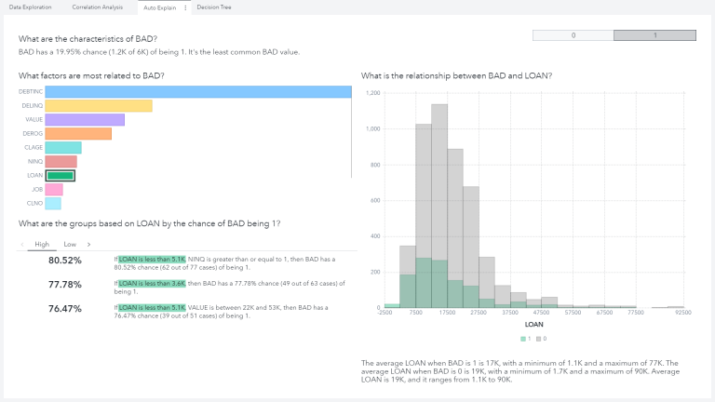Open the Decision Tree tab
(x=214, y=7)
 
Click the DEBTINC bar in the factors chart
(x=198, y=92)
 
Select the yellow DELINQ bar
(x=99, y=106)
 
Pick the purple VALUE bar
(x=85, y=120)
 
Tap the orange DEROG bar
(x=78, y=134)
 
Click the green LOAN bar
(x=60, y=175)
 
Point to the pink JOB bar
(x=54, y=189)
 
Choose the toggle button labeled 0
(x=573, y=35)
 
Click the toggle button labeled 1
(x=654, y=35)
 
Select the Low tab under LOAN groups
(x=70, y=244)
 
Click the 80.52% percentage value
(x=65, y=261)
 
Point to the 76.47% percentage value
(x=65, y=308)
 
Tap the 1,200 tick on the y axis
(x=372, y=94)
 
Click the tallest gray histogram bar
(x=439, y=205)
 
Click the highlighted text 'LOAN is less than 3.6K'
(x=153, y=283)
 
